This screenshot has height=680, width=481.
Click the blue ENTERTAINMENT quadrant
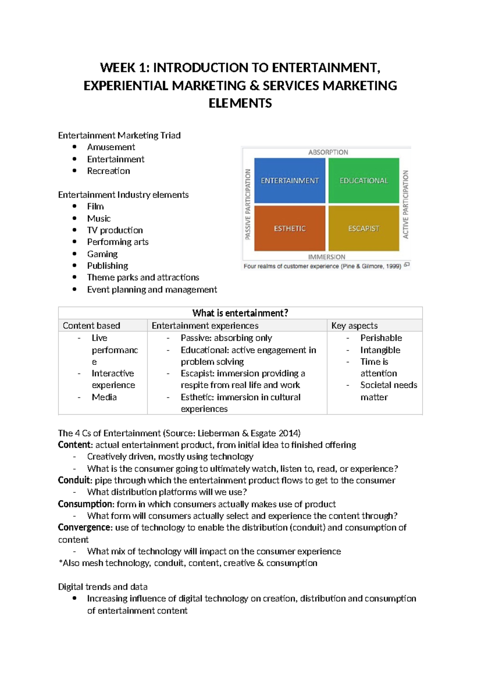(289, 180)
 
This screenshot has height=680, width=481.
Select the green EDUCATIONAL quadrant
(364, 180)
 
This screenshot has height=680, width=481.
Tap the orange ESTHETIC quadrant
(289, 228)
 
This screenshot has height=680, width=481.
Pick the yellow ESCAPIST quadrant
(364, 228)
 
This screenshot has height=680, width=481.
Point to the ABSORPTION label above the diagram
(328, 152)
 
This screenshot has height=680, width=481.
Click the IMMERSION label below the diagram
(326, 257)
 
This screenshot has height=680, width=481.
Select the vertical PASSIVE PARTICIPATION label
(248, 204)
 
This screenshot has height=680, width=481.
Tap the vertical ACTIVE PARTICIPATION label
(406, 204)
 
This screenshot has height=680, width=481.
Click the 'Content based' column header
(91, 326)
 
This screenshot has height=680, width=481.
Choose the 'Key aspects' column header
(354, 326)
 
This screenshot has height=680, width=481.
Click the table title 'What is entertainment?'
(240, 313)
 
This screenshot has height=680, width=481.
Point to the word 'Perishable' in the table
(381, 338)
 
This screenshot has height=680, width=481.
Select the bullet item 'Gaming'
(102, 254)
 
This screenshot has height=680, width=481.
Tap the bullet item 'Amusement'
(111, 147)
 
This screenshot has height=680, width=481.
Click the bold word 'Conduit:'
(75, 480)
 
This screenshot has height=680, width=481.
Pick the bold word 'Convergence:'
(85, 528)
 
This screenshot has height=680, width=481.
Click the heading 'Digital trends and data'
(103, 587)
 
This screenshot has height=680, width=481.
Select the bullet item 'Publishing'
(107, 266)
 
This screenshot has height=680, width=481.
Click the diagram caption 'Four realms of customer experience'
(291, 266)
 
